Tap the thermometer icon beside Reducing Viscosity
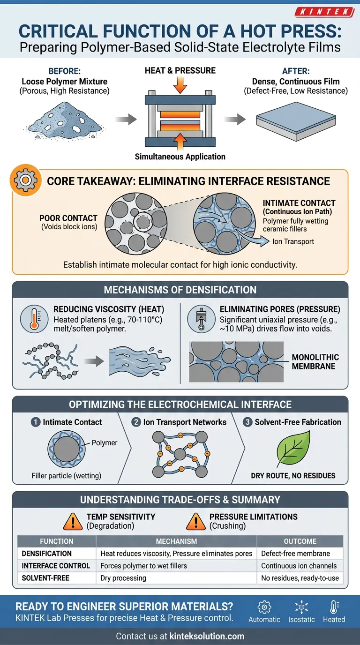coord(35,319)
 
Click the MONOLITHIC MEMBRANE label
coord(315,361)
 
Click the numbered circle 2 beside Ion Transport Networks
coord(136,422)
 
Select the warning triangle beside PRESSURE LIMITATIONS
coord(195,521)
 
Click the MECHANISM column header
coord(176,541)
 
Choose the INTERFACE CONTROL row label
coord(56,566)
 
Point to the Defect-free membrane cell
coord(296,554)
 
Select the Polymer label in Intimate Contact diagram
coord(104,442)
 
